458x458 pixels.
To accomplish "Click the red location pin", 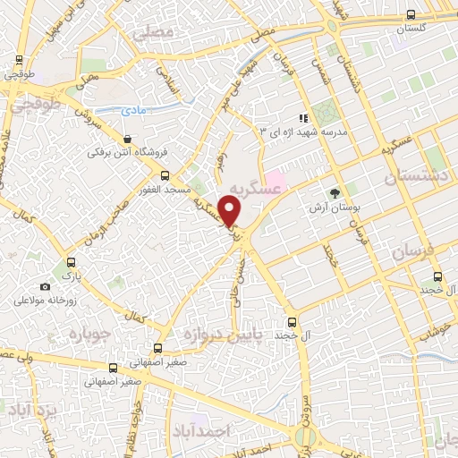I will pos(230,209).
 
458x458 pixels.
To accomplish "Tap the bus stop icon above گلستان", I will pos(411,14).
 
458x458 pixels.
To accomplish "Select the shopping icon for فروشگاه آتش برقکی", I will pos(129,140).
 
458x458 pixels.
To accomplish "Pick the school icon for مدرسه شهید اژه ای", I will pos(303,117).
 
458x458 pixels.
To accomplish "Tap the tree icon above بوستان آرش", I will pos(335,192).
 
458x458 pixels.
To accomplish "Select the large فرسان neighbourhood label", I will pos(420,253).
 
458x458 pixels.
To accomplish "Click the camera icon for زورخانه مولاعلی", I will pos(45,286).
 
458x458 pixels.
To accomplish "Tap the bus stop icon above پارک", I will pos(71,262).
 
